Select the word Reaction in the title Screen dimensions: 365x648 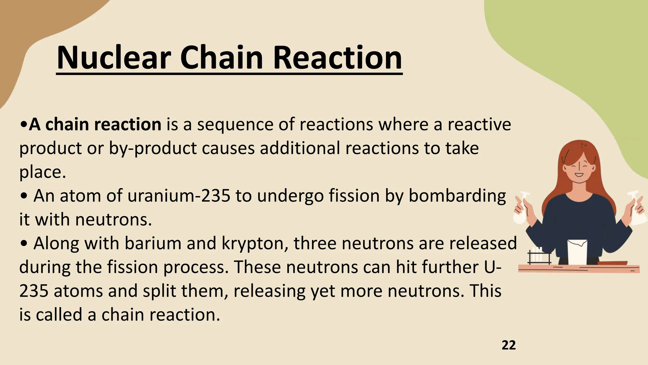(337, 58)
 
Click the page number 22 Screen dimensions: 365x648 (508, 345)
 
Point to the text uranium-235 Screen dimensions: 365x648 (179, 196)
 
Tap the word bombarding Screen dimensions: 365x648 (457, 196)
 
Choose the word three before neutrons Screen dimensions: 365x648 (315, 243)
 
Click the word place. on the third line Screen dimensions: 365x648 (43, 172)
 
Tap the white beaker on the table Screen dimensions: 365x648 (577, 252)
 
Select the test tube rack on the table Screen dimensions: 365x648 (539, 256)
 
